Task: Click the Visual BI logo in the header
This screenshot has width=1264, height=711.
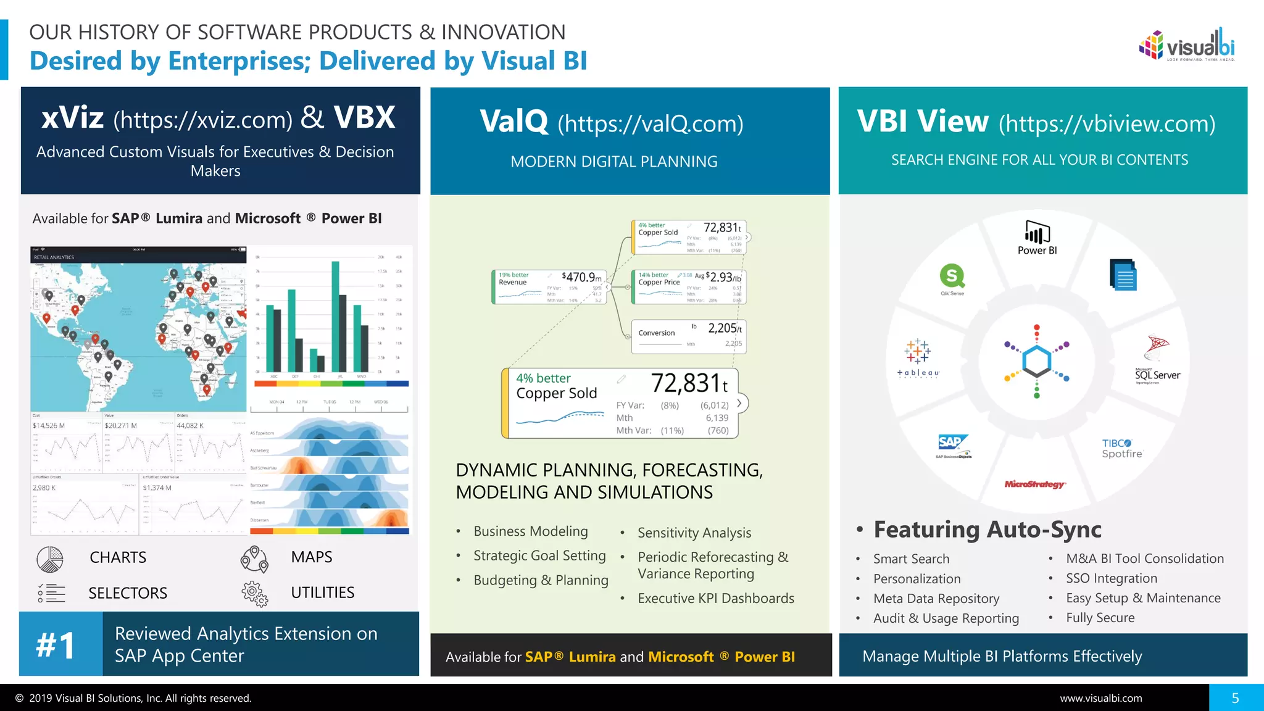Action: coord(1186,45)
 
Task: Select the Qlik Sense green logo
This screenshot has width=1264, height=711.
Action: coord(952,278)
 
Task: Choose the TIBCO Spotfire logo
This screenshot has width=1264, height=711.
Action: coord(1122,448)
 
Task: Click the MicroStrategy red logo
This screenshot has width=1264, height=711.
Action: coord(1035,484)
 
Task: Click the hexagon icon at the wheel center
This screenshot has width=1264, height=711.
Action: coord(1037,361)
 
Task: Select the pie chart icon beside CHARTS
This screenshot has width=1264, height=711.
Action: coord(49,559)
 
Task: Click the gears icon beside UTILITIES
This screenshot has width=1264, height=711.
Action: coord(254,593)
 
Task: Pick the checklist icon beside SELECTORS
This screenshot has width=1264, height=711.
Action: coord(51,593)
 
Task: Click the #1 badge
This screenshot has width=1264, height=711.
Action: coord(57,645)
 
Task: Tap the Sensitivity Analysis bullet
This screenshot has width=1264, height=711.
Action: coord(694,533)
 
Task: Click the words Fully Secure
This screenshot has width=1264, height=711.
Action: coord(1100,618)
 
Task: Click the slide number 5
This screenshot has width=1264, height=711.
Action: coord(1235,698)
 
